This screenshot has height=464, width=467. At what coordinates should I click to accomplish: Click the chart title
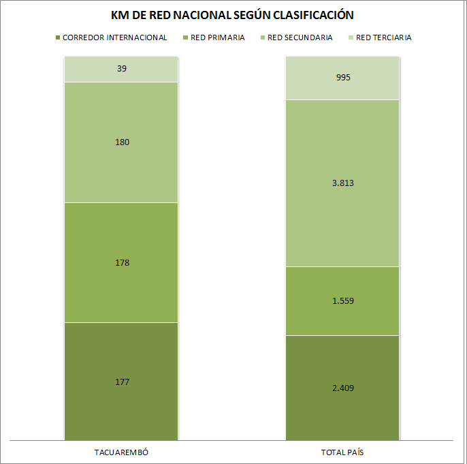pyautogui.click(x=232, y=15)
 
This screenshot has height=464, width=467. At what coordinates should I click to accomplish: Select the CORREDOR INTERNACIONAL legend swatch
pyautogui.click(x=58, y=37)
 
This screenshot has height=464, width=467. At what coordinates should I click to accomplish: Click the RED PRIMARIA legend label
pyautogui.click(x=217, y=37)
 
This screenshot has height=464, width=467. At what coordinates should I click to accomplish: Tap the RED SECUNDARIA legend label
pyautogui.click(x=300, y=37)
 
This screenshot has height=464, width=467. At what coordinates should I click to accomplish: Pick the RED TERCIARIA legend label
pyautogui.click(x=384, y=37)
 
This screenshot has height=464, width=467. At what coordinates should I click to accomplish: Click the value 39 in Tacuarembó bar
pyautogui.click(x=122, y=69)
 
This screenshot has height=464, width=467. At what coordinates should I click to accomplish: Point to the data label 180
pyautogui.click(x=122, y=142)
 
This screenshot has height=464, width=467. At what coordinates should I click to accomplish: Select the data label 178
pyautogui.click(x=122, y=262)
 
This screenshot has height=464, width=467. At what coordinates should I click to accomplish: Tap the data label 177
pyautogui.click(x=122, y=382)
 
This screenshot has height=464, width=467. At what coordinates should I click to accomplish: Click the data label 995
pyautogui.click(x=343, y=78)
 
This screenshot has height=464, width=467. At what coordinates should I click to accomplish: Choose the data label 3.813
pyautogui.click(x=343, y=183)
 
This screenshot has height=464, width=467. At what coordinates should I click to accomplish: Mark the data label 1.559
pyautogui.click(x=343, y=300)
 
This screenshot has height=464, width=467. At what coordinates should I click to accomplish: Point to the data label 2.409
pyautogui.click(x=343, y=388)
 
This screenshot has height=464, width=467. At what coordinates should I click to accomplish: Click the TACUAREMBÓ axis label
pyautogui.click(x=121, y=452)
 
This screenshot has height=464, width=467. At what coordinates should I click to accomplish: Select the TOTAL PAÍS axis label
pyautogui.click(x=342, y=452)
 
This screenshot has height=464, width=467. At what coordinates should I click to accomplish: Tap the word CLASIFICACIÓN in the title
pyautogui.click(x=313, y=15)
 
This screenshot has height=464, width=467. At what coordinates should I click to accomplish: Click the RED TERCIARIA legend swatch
pyautogui.click(x=351, y=37)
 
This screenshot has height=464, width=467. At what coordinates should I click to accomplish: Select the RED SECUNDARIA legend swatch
pyautogui.click(x=263, y=37)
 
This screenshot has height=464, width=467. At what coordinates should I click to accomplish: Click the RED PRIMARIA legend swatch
pyautogui.click(x=186, y=37)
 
